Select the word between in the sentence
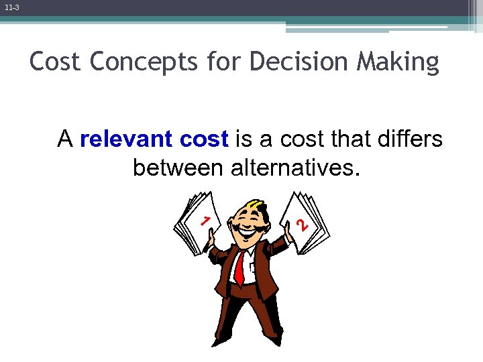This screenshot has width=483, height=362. [x=178, y=168]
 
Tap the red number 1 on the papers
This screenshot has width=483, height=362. [x=207, y=221]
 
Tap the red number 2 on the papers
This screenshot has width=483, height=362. [x=303, y=225]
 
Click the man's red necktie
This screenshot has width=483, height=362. [x=239, y=268]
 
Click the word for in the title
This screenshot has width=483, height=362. [x=225, y=62]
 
